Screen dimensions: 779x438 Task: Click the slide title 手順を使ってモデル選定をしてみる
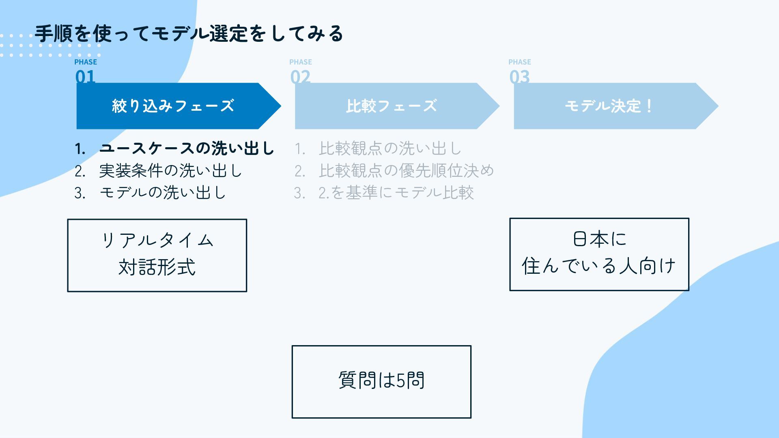pyautogui.click(x=189, y=33)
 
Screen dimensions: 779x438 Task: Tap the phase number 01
pyautogui.click(x=85, y=77)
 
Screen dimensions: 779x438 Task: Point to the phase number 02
pyautogui.click(x=300, y=77)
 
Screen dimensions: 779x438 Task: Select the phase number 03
pyautogui.click(x=519, y=77)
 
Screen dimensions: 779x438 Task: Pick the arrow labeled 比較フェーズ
pyautogui.click(x=392, y=106)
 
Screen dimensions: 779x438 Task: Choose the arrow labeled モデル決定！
pyautogui.click(x=609, y=106)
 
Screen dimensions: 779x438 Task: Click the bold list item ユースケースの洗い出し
pyautogui.click(x=187, y=149)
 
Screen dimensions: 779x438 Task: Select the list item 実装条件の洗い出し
pyautogui.click(x=170, y=171)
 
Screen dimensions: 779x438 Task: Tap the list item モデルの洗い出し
pyautogui.click(x=162, y=193)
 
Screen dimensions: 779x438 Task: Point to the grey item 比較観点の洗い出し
pyautogui.click(x=390, y=149)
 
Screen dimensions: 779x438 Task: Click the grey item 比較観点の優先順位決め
pyautogui.click(x=406, y=171)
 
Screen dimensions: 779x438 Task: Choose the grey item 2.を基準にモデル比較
pyautogui.click(x=396, y=193)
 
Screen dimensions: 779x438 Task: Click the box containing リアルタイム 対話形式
pyautogui.click(x=157, y=255)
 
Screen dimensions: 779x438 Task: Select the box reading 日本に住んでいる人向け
pyautogui.click(x=599, y=254)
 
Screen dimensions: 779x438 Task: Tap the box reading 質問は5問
pyautogui.click(x=381, y=381)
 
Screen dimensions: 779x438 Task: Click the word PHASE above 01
pyautogui.click(x=86, y=62)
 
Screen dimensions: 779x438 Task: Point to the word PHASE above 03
pyautogui.click(x=520, y=62)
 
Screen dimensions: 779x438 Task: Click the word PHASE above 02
pyautogui.click(x=301, y=62)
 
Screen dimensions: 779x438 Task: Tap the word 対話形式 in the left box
pyautogui.click(x=157, y=267)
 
